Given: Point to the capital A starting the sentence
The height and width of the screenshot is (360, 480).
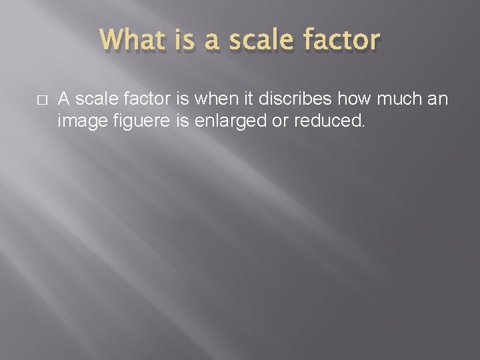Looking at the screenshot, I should pos(64,101).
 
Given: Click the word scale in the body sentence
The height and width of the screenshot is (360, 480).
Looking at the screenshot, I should pos(92,101).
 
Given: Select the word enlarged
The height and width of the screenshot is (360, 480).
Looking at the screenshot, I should pos(218,122).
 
